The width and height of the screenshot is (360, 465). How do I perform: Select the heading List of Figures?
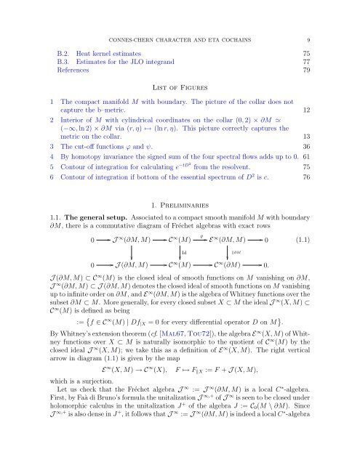[180, 86]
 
